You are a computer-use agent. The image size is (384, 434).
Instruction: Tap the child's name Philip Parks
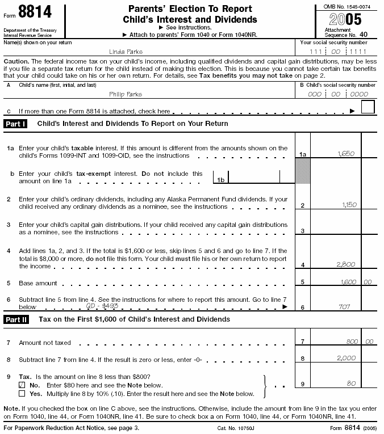[x=126, y=94]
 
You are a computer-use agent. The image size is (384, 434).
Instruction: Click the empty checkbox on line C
[x=368, y=107]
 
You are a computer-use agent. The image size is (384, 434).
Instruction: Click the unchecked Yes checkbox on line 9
[x=22, y=393]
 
